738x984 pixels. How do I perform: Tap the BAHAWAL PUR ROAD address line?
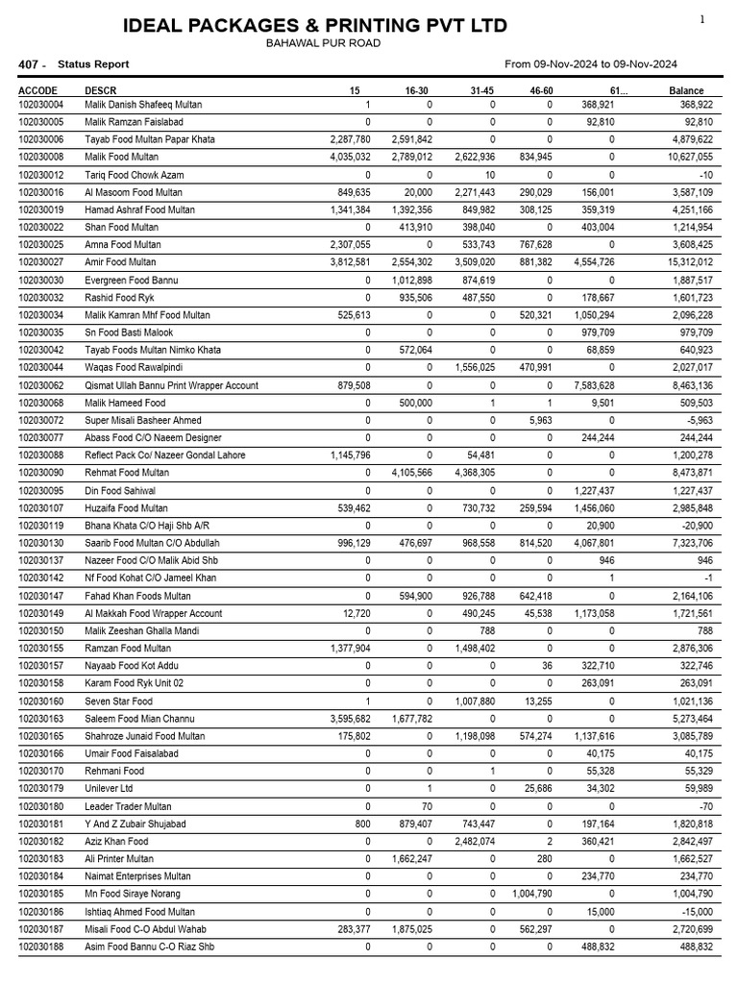323,43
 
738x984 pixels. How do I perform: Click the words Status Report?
93,64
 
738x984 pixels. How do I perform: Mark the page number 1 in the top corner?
702,19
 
